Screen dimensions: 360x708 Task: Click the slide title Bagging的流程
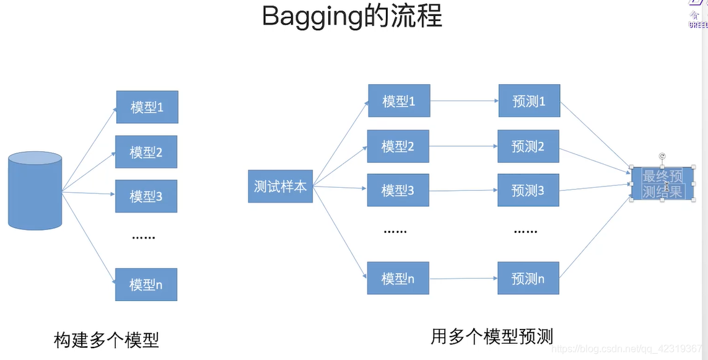point(352,17)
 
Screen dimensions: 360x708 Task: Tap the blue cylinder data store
point(35,190)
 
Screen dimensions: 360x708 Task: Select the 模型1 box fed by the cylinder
point(147,107)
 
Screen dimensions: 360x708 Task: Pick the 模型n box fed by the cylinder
point(146,284)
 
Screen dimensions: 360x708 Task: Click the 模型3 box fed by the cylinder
point(146,196)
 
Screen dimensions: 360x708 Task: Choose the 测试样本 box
point(280,186)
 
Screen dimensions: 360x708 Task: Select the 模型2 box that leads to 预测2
point(398,146)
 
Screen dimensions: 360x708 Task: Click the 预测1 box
point(529,101)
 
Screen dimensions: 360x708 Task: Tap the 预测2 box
point(528,146)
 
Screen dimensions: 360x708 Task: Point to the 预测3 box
point(528,190)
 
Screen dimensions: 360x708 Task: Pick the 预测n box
point(528,278)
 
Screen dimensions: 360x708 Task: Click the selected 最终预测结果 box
point(662,183)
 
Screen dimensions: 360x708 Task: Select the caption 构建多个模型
point(107,340)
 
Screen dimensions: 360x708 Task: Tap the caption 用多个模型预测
point(492,336)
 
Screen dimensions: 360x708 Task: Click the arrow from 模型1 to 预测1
point(464,100)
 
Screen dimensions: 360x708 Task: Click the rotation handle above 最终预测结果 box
point(662,156)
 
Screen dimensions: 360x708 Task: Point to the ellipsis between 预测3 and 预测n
point(525,231)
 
